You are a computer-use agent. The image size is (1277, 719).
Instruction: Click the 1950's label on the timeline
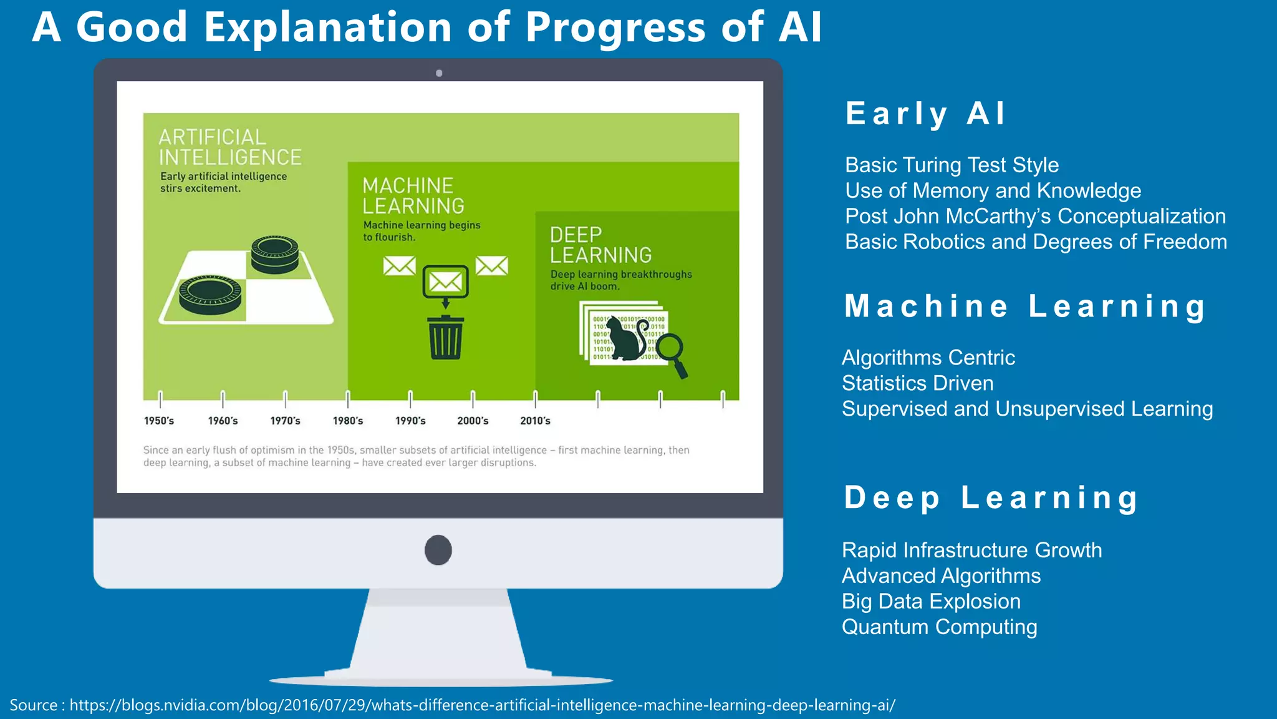tap(159, 421)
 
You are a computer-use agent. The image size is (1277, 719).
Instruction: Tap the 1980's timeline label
tap(347, 421)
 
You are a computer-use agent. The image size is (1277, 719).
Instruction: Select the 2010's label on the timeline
tap(535, 421)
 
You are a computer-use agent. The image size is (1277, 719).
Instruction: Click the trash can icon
tap(445, 338)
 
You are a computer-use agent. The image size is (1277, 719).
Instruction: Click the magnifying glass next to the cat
tap(673, 353)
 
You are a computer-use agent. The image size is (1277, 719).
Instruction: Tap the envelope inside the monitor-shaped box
tap(445, 282)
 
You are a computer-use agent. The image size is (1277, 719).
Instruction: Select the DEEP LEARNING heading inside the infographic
tap(600, 245)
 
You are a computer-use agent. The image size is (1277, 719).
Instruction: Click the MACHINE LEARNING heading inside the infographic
tap(413, 195)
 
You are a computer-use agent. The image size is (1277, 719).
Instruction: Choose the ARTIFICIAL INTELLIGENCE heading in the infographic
tap(229, 147)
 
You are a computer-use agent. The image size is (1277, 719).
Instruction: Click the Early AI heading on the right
tap(925, 114)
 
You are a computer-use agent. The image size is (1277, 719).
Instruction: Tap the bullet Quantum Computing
tap(939, 627)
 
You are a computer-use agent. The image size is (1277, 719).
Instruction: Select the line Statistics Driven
tap(917, 383)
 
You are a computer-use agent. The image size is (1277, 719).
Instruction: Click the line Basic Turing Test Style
tap(952, 165)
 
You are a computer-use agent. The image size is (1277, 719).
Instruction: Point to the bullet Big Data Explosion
tap(931, 601)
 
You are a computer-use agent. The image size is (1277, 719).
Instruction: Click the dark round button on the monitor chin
tap(438, 550)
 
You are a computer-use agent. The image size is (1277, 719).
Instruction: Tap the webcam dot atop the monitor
tap(439, 73)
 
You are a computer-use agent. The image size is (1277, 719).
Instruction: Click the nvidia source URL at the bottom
tap(482, 705)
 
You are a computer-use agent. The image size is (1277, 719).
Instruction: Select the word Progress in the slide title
tap(615, 28)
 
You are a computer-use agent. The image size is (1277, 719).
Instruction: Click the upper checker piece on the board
tap(274, 253)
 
